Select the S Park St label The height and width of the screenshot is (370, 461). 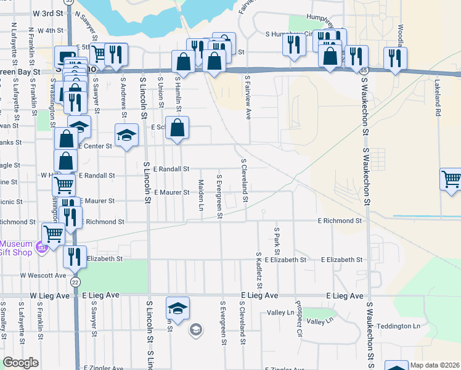point(277,240)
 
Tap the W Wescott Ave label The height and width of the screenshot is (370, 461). point(43,275)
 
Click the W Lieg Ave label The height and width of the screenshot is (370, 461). point(49,296)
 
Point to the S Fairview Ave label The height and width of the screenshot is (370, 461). point(247,99)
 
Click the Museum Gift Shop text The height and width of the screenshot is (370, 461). point(17,248)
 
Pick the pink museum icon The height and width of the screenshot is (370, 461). point(42,248)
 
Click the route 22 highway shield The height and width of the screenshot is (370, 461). point(75,282)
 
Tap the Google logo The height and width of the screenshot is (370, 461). point(21,363)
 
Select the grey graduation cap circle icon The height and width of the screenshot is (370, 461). point(195,328)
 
